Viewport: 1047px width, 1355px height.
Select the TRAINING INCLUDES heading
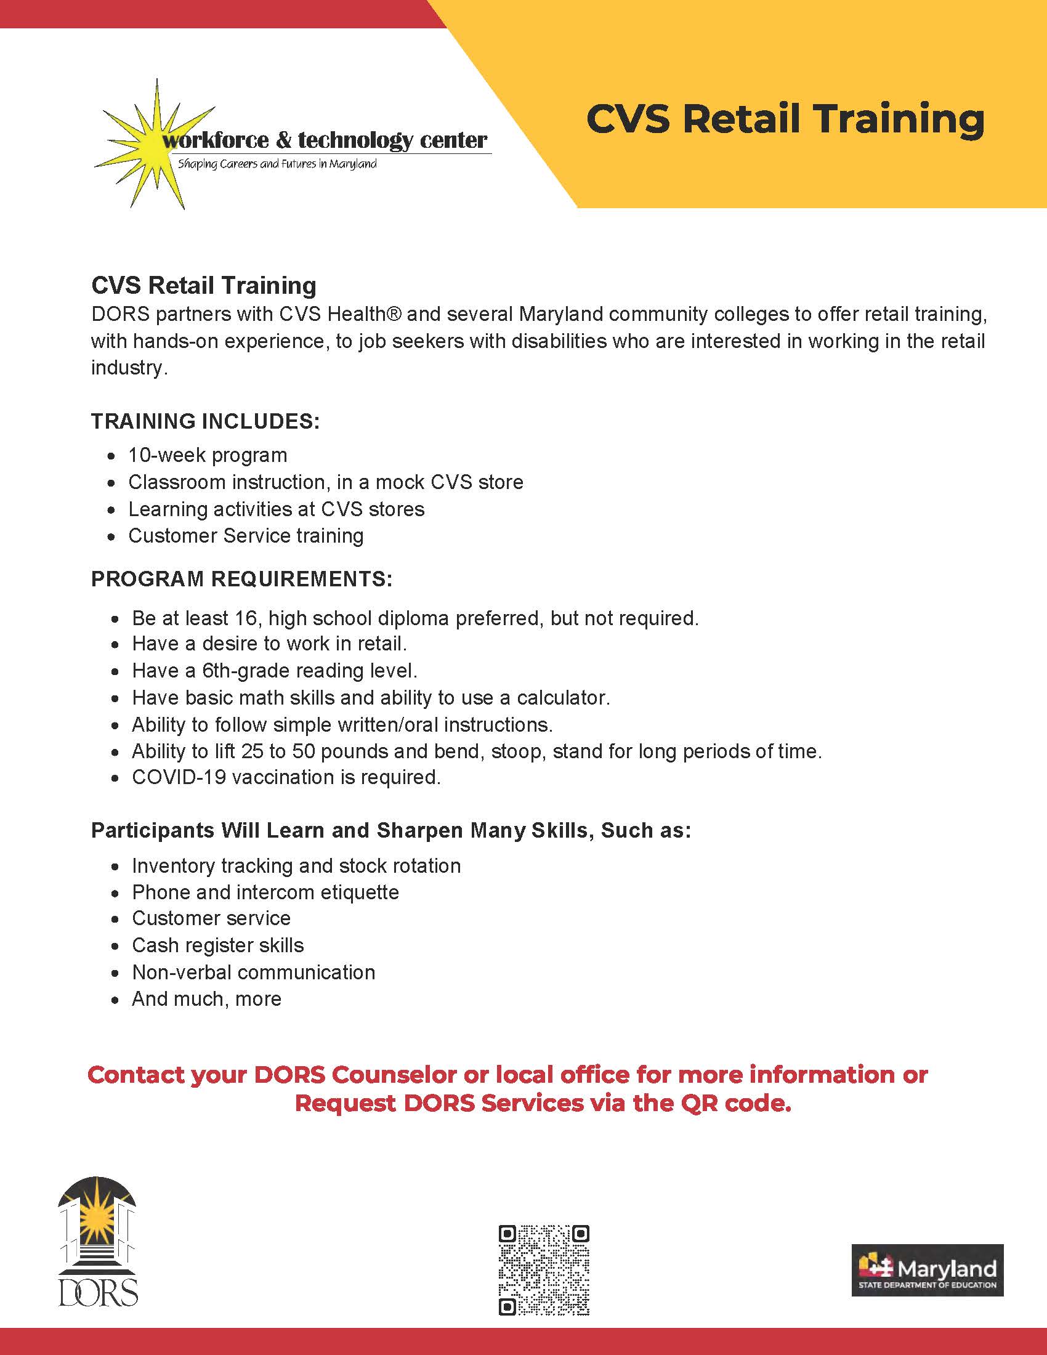[205, 421]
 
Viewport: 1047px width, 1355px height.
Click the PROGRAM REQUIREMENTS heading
[242, 579]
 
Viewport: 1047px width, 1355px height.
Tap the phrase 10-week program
[208, 455]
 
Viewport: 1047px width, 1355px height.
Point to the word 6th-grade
[244, 671]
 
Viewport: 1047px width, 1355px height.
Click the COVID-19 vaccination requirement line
[286, 777]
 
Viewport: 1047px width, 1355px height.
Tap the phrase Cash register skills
[217, 945]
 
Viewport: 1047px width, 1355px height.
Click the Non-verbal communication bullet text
[253, 971]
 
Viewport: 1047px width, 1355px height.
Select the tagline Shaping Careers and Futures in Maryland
[277, 164]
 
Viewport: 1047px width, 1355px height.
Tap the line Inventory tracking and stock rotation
[296, 865]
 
